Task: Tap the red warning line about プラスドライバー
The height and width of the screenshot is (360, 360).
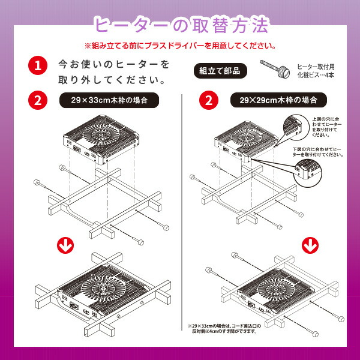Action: pos(180,45)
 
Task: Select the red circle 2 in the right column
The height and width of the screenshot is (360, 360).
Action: pos(208,100)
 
